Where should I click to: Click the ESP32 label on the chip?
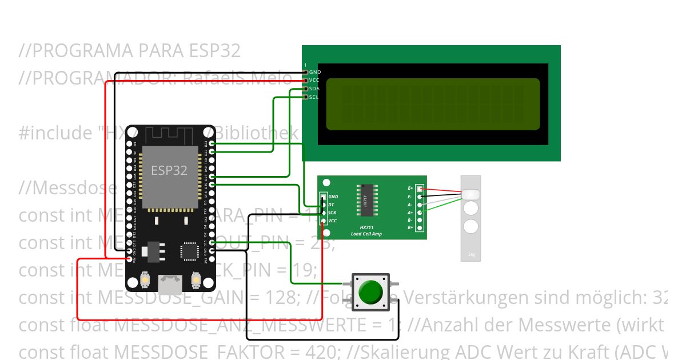(169, 170)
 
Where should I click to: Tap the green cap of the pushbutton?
(370, 291)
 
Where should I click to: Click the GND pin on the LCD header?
(306, 72)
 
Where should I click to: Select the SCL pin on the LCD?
(306, 97)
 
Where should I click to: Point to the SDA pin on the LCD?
(306, 89)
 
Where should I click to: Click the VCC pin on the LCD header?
(306, 80)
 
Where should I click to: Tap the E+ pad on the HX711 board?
(420, 189)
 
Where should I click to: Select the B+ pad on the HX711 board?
(420, 228)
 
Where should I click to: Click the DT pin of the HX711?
(324, 205)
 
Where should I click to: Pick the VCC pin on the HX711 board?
(324, 221)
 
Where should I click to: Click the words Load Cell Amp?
(366, 234)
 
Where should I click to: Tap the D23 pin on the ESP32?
(213, 145)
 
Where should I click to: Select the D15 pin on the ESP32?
(213, 243)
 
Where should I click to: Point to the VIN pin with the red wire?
(128, 259)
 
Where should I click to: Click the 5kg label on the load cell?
(472, 255)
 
